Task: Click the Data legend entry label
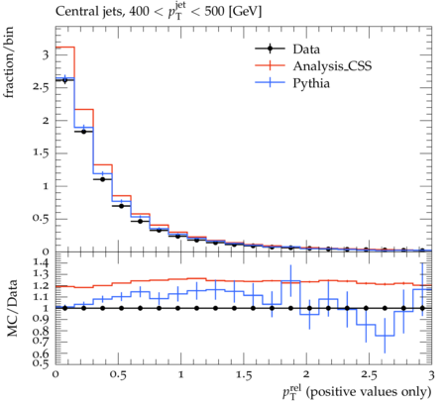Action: [x=306, y=50]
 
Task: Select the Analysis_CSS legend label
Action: [x=332, y=66]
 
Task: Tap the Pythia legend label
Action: [x=311, y=83]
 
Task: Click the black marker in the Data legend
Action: [x=270, y=49]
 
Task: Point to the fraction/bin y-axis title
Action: [x=8, y=62]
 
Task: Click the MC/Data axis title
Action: [x=12, y=308]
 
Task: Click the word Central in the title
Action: [x=73, y=12]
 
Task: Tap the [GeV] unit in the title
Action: [x=245, y=12]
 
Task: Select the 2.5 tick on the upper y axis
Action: [x=41, y=88]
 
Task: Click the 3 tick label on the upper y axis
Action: [x=46, y=54]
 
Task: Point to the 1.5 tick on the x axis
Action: [x=244, y=375]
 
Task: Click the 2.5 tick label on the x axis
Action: [x=369, y=375]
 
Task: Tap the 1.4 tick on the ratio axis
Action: [x=41, y=263]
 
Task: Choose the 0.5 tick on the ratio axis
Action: [x=41, y=363]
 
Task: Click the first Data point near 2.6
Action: [x=64, y=80]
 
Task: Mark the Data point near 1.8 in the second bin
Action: [x=83, y=132]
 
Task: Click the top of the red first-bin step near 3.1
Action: [x=64, y=48]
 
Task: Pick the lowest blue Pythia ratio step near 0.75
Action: [x=385, y=336]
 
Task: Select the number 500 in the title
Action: [x=215, y=12]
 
